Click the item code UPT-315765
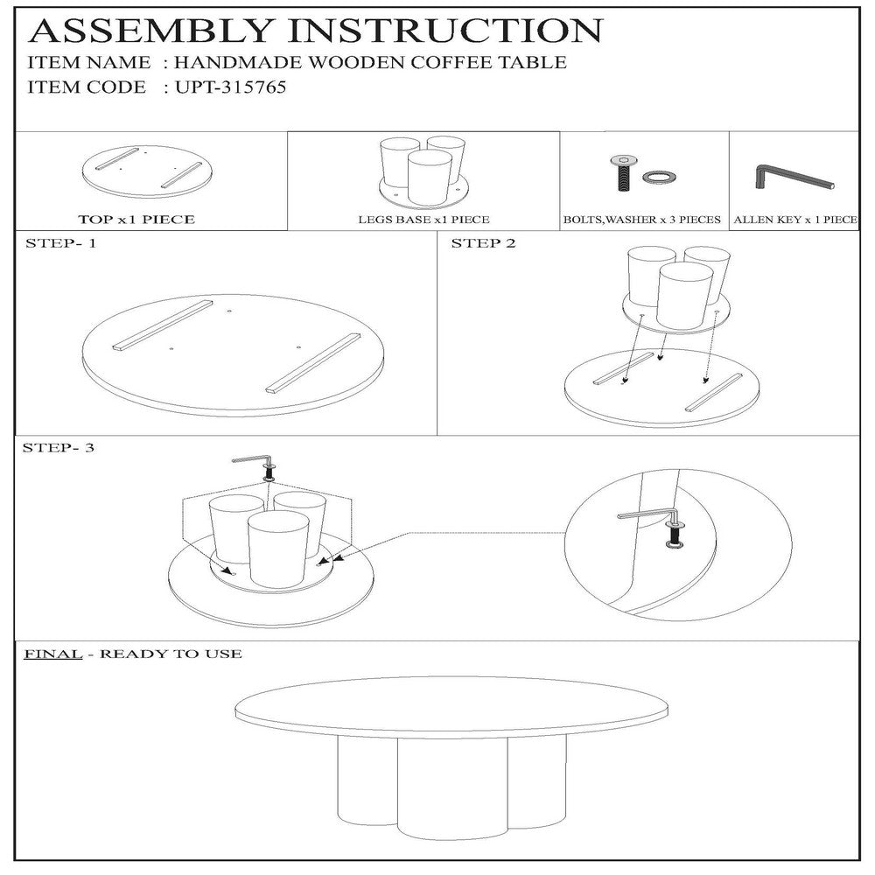click(x=230, y=87)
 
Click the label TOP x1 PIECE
click(x=136, y=220)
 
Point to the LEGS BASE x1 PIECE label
click(x=423, y=220)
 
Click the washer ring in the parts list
click(x=658, y=178)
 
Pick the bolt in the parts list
click(x=623, y=172)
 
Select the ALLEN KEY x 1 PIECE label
click(x=795, y=220)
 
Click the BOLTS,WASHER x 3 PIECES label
click(x=641, y=220)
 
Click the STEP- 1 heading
click(x=61, y=243)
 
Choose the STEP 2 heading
click(x=483, y=243)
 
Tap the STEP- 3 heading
click(x=59, y=447)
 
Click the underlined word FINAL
click(x=53, y=654)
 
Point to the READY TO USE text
click(x=171, y=654)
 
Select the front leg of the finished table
click(x=452, y=787)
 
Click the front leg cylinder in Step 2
click(x=685, y=295)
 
